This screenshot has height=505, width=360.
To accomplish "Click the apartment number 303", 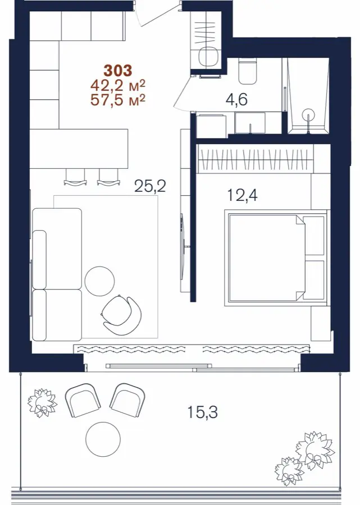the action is [117, 71].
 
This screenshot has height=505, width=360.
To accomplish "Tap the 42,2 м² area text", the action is [118, 86].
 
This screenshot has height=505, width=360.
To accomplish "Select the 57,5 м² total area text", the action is [118, 100].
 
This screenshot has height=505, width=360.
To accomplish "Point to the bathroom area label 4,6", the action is [236, 99].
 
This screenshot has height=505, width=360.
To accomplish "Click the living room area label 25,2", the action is [150, 186].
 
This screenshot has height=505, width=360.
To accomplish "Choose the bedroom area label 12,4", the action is [243, 195].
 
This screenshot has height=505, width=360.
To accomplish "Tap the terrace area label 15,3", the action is [202, 412].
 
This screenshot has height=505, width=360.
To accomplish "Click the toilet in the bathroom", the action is [247, 71].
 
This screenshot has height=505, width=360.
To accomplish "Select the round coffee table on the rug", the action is [99, 281].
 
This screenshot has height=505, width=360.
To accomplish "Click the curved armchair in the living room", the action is [122, 315].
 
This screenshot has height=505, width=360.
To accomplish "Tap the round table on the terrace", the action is [103, 439].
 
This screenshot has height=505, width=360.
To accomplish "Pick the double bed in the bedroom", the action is [276, 258].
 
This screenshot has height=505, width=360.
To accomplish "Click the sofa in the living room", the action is [57, 274].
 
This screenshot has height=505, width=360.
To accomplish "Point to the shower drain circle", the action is [308, 114].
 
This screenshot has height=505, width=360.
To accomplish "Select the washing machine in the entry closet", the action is [208, 57].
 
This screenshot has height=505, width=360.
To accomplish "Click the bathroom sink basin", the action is [250, 122].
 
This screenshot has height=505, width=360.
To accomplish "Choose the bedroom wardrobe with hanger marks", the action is [255, 159].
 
